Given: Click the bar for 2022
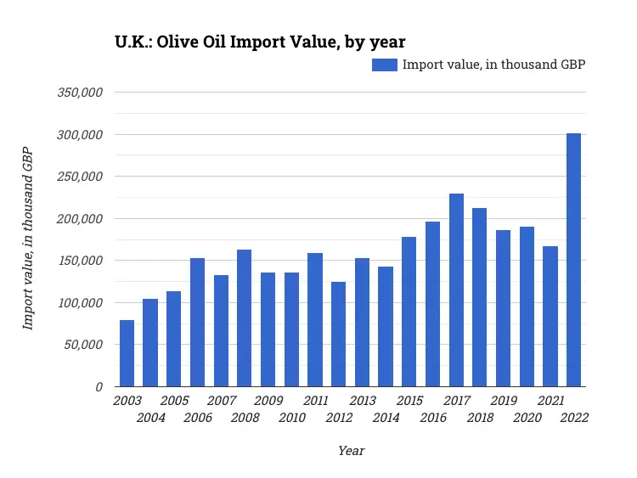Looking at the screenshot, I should [x=573, y=260].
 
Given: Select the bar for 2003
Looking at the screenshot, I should [x=127, y=353].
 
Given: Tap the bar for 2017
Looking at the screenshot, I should [x=456, y=290].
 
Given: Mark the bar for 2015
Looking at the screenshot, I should [x=409, y=312].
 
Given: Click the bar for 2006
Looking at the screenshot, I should [x=197, y=323].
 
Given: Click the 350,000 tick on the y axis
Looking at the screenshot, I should [x=80, y=93].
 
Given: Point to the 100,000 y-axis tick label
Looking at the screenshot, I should [x=80, y=303].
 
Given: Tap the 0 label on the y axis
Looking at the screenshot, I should [x=99, y=387].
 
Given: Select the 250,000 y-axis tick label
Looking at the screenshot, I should [x=80, y=177].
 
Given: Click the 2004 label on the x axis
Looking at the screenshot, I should [x=150, y=418].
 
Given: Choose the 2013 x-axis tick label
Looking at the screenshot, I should [x=362, y=401].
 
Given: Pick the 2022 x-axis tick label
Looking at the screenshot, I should [x=573, y=418].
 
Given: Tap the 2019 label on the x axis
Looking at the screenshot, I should [x=503, y=401].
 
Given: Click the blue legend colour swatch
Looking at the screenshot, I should [x=385, y=65].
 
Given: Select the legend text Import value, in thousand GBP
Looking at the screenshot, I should [x=493, y=65].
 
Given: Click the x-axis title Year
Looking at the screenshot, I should [x=351, y=451].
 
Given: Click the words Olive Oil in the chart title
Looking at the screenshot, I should [x=203, y=41].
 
